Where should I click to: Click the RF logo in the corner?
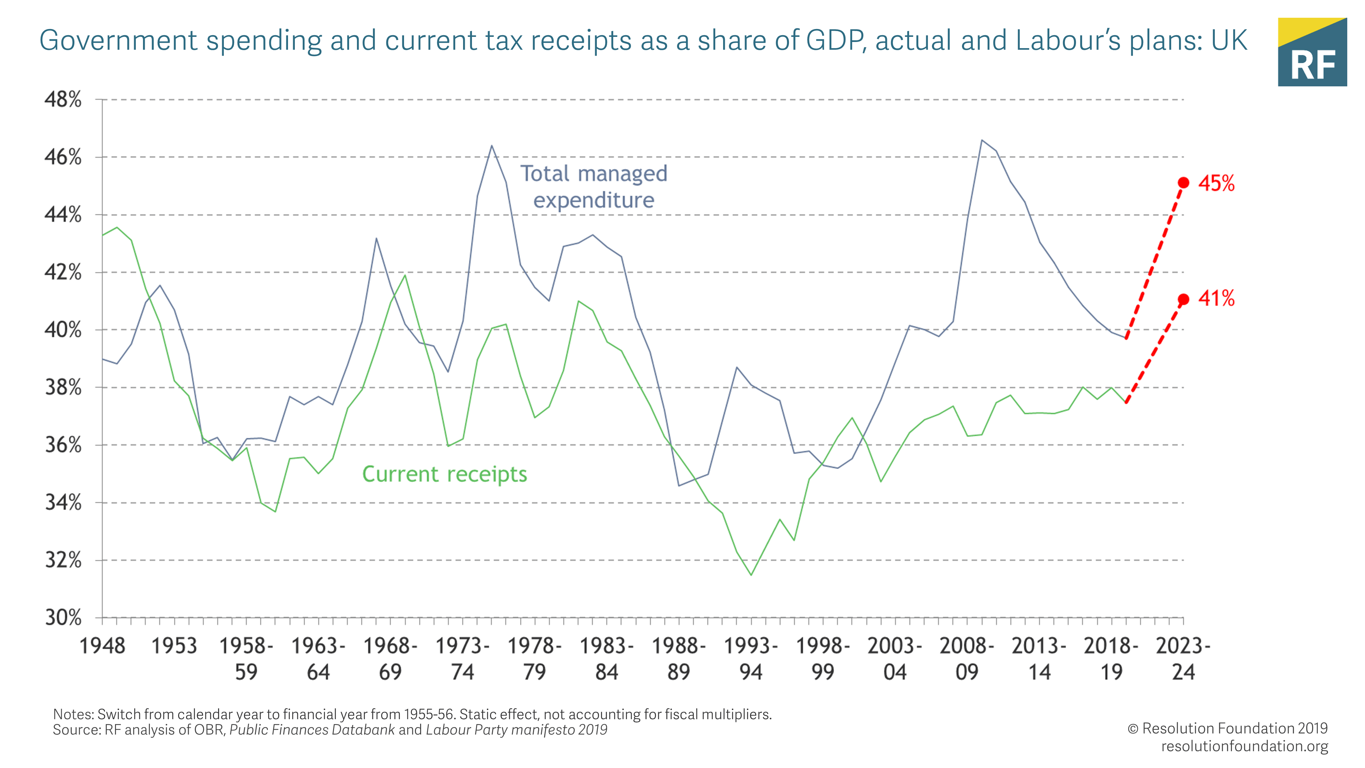pos(1312,52)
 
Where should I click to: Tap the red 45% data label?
pos(1216,183)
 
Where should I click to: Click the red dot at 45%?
pos(1183,183)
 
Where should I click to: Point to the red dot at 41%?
pos(1183,299)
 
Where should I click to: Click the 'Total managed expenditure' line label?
pos(593,187)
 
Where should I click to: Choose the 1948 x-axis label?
pos(102,646)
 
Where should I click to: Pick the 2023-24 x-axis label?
pos(1183,659)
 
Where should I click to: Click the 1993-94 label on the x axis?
pos(751,659)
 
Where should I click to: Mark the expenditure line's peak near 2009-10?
pos(982,140)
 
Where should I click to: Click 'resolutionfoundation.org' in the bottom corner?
pos(1244,746)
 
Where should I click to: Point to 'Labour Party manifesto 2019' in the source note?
pos(517,730)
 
